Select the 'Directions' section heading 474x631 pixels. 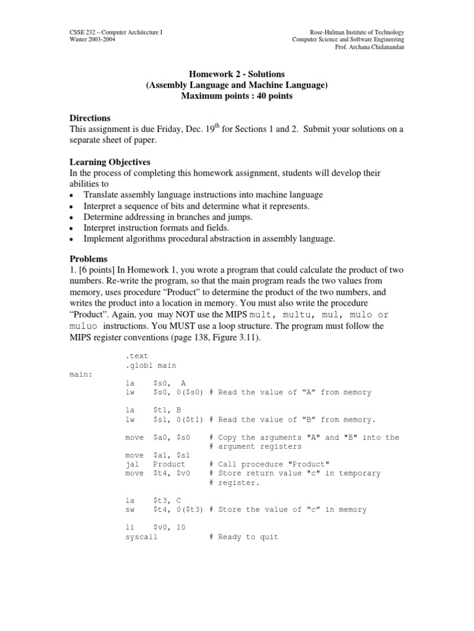coord(90,118)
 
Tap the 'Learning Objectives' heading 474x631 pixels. coord(110,162)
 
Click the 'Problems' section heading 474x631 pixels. coord(88,259)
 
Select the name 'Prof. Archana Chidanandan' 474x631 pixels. coord(370,47)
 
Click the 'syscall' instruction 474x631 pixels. coord(141,537)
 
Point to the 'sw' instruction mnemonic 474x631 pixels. coord(129,510)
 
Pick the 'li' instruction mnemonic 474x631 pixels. coord(129,527)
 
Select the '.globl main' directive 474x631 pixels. coord(150,365)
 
